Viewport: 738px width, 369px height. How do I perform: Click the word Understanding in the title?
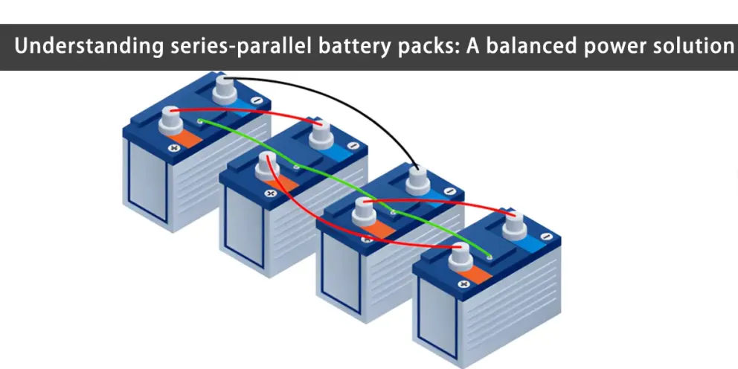coord(89,46)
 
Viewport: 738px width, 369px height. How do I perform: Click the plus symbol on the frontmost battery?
coord(464,283)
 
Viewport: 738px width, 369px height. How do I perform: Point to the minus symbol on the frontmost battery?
coord(545,237)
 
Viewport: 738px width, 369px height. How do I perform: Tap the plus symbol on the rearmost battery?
coord(175,148)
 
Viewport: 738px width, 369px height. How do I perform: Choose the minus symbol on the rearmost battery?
coord(257,100)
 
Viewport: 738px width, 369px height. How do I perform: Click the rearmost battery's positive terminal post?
coord(170,121)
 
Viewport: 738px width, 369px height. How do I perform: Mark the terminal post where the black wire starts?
coord(225,90)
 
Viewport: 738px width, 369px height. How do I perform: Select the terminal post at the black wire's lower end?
coord(418,180)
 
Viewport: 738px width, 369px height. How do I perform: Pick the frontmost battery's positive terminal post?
coord(460,257)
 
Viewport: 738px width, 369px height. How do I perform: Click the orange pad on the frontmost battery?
coord(475,275)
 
